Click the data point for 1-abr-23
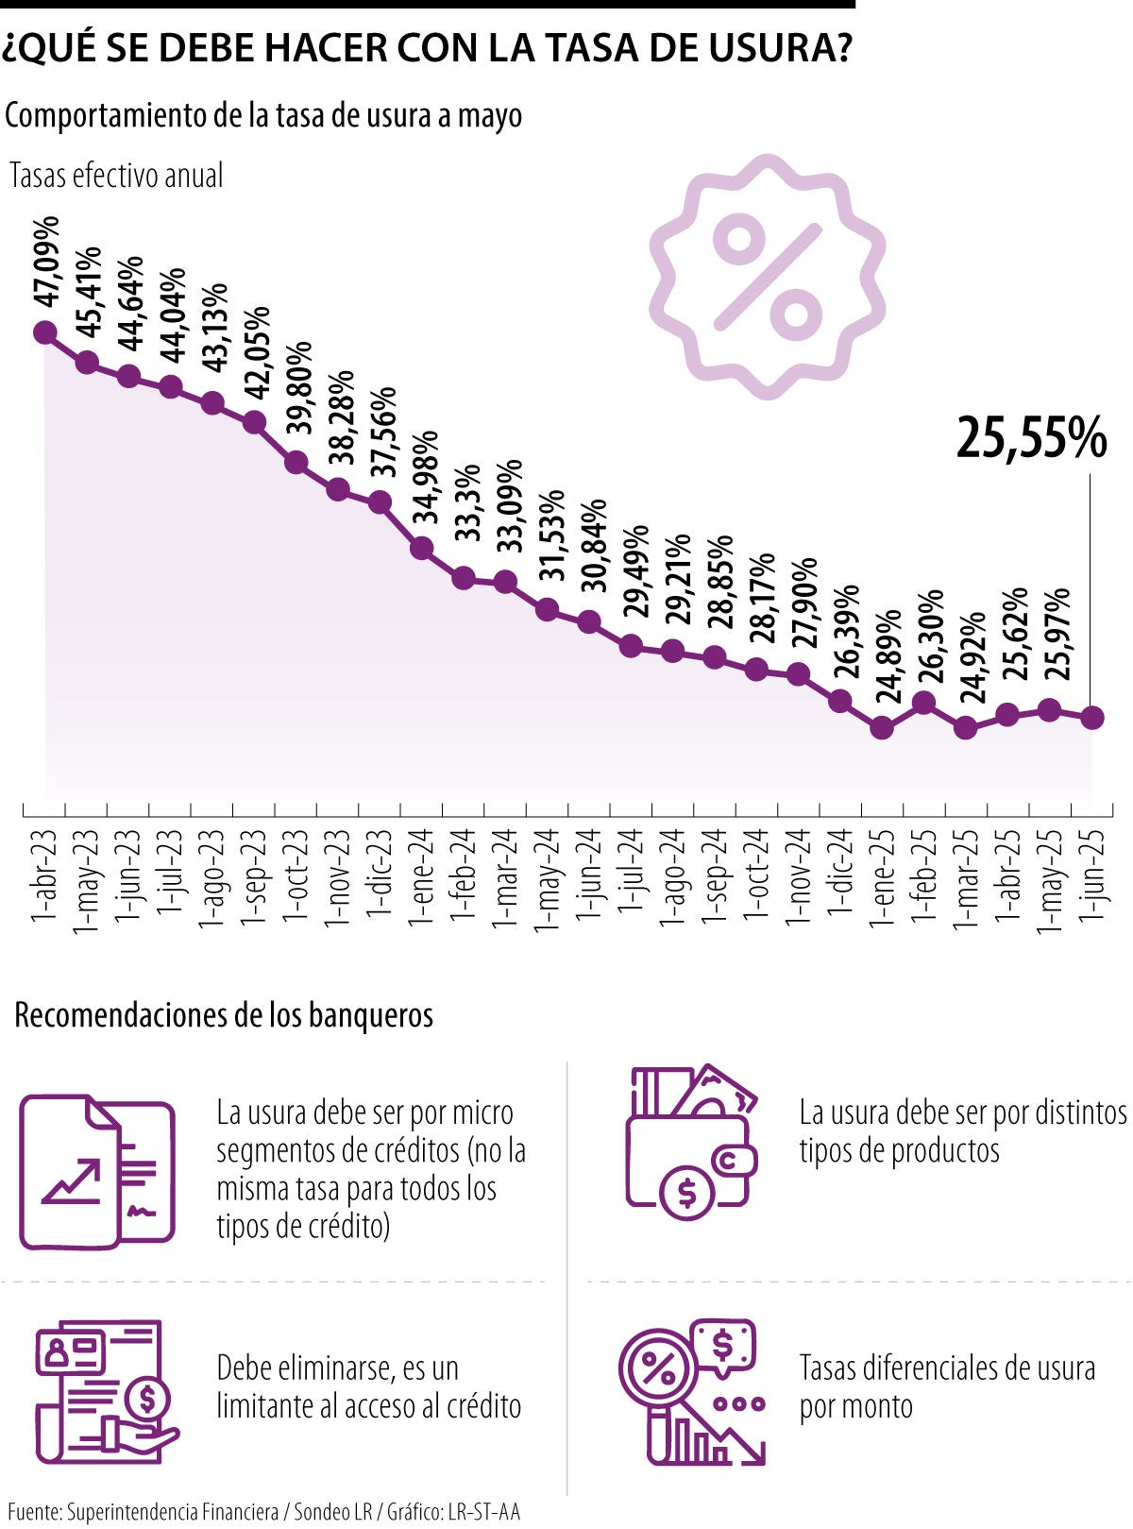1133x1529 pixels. click(44, 332)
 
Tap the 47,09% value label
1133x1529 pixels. click(46, 262)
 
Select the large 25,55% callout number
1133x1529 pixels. click(1031, 439)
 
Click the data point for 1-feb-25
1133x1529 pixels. click(924, 703)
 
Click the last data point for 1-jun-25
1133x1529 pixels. click(1091, 718)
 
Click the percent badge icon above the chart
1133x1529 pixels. click(767, 275)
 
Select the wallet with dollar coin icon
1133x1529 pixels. click(692, 1143)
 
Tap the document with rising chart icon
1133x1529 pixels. click(96, 1172)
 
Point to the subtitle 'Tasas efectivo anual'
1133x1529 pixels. click(116, 176)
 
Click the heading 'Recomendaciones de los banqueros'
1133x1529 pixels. click(224, 1015)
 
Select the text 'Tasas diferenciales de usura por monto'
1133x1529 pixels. click(946, 1386)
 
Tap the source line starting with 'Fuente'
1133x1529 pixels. click(263, 1511)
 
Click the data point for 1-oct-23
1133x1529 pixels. click(296, 462)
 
